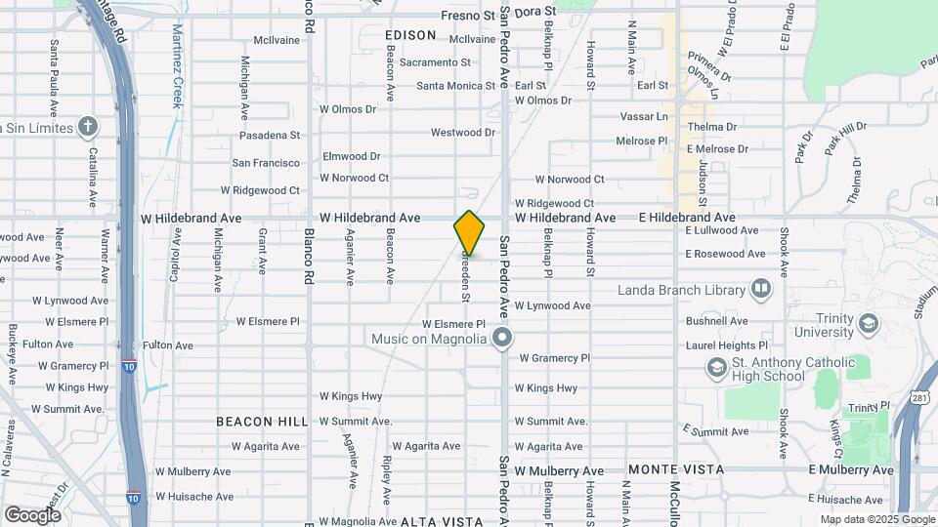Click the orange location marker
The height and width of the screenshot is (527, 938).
(x=469, y=233)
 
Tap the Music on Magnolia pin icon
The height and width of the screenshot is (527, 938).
(x=502, y=339)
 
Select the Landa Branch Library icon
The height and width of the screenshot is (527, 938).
(x=760, y=289)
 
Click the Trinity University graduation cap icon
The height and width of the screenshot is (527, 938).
(x=868, y=320)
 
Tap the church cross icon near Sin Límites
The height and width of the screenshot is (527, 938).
(x=88, y=128)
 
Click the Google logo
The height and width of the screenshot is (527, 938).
(x=32, y=514)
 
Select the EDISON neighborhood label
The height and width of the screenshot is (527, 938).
(x=410, y=35)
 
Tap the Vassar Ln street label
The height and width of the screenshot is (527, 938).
(x=644, y=116)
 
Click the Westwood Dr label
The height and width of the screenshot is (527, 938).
(x=463, y=133)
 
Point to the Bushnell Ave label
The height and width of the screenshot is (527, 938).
(x=716, y=321)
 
